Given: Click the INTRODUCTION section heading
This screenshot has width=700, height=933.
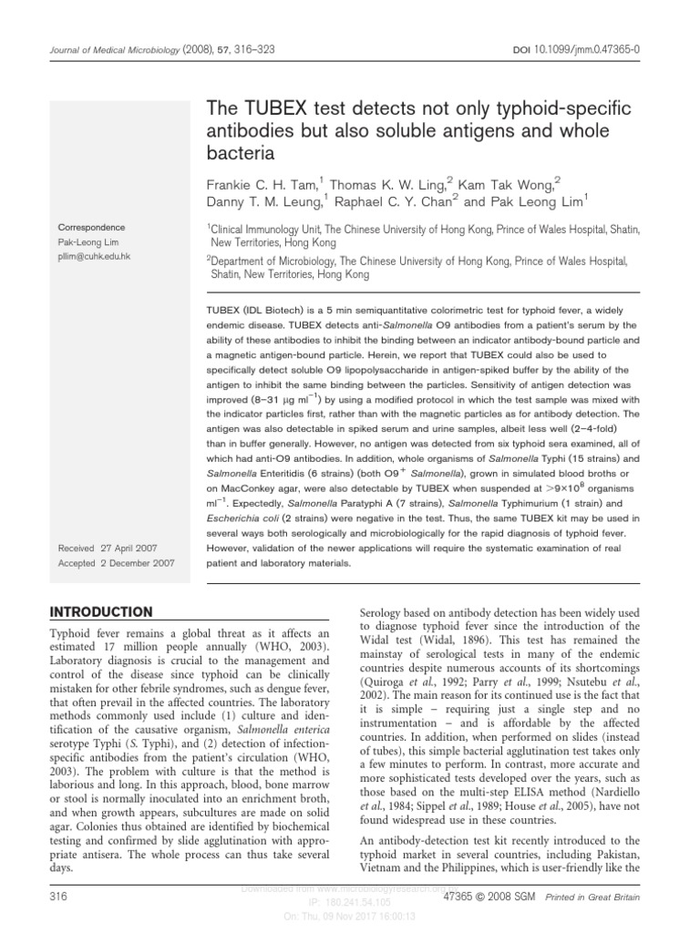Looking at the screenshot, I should point(101,610).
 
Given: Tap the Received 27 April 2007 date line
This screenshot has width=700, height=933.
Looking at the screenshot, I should point(108,549).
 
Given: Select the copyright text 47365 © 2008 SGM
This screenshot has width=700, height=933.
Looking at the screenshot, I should point(489,897).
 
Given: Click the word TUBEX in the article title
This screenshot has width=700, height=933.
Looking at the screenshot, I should point(272,109).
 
